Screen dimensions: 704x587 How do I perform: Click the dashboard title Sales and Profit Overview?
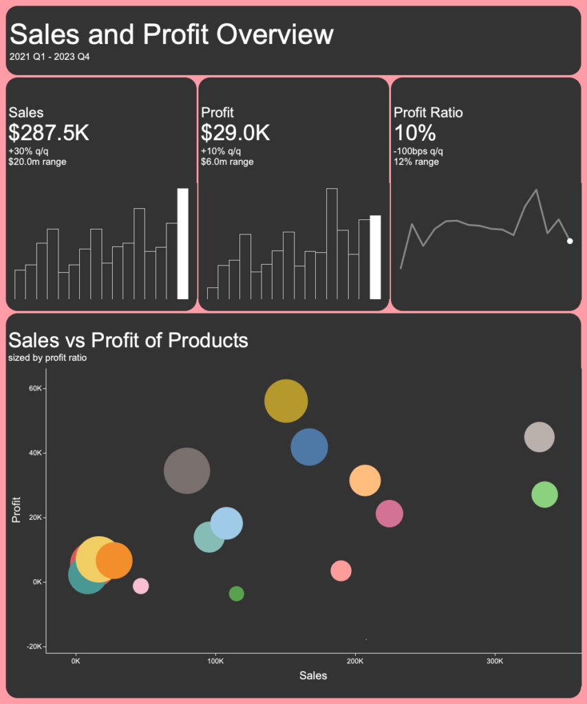(x=171, y=34)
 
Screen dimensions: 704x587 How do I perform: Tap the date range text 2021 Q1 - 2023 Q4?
(x=50, y=57)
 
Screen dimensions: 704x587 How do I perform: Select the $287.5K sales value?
(x=49, y=133)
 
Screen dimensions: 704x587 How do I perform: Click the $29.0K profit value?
(x=235, y=133)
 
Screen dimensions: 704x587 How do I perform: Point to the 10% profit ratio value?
(x=415, y=133)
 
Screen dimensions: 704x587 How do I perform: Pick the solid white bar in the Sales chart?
(x=182, y=243)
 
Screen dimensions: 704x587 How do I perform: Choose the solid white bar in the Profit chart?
(x=375, y=257)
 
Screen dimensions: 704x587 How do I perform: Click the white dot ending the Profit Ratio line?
(x=570, y=241)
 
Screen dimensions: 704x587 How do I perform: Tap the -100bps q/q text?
(x=418, y=151)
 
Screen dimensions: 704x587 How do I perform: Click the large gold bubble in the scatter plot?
(x=286, y=401)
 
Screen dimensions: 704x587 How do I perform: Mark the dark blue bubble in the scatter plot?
(x=309, y=447)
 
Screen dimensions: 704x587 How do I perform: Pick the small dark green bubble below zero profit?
(x=236, y=593)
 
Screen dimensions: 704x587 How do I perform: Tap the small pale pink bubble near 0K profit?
(x=140, y=586)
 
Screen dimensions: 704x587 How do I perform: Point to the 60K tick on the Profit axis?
(x=36, y=388)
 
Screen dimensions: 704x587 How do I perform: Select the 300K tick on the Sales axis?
(x=495, y=661)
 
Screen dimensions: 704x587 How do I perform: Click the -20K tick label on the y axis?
(x=34, y=647)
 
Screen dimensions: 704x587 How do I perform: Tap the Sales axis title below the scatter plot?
(x=313, y=675)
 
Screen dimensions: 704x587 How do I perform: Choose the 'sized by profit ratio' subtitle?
(x=47, y=357)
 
